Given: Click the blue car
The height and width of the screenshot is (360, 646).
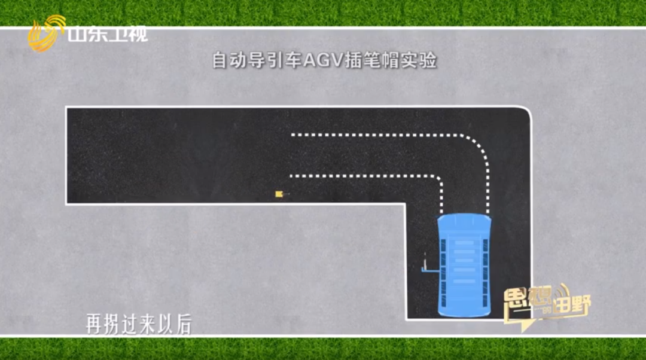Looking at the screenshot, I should [x=464, y=266].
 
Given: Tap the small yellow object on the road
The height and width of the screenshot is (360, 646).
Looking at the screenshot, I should [x=279, y=194].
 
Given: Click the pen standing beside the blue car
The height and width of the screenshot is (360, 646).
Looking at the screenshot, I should [x=425, y=264].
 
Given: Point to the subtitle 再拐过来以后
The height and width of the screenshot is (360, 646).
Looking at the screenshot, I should [x=138, y=325].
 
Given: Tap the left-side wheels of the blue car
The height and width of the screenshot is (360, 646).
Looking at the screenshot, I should [x=443, y=266].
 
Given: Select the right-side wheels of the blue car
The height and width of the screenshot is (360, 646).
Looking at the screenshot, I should [x=486, y=266].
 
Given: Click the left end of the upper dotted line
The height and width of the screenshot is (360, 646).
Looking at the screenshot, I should [x=293, y=135].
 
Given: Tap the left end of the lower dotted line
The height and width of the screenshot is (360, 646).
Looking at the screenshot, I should [x=291, y=176].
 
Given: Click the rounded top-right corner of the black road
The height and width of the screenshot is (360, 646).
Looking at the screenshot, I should [x=525, y=114].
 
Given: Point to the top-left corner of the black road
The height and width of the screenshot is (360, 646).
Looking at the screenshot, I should [x=67, y=108].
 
